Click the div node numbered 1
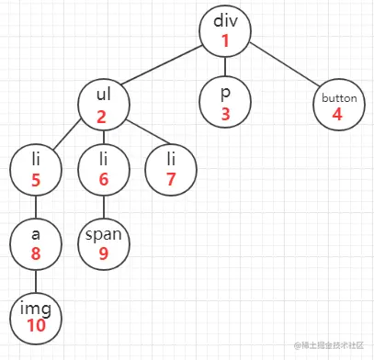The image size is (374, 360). pos(225,30)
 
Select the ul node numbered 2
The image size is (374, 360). pos(102,104)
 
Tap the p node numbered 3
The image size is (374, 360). pos(225,104)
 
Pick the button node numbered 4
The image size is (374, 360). pos(338,104)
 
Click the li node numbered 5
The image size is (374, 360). pos(34,171)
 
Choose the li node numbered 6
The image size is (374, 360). pos(103,171)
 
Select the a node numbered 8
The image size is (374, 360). pos(35,242)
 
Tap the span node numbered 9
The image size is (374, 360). pos(103,242)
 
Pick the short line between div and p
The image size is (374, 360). pos(225,67)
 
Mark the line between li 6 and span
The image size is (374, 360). pos(103,207)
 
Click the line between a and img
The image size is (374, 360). pos(35,277)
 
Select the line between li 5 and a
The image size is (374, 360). pos(35,207)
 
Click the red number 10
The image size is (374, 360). pos(35,324)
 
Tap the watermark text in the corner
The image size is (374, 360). pos(332,347)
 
